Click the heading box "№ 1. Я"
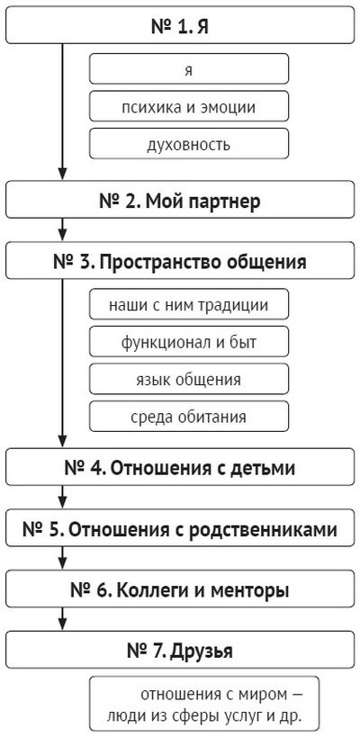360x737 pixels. point(180,25)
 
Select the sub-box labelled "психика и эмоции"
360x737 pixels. point(189,106)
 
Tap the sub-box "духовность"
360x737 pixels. point(189,144)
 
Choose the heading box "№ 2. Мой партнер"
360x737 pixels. point(180,199)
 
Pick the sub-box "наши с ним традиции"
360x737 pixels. point(189,304)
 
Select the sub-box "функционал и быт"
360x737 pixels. point(189,341)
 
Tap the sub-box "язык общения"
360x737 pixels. point(189,379)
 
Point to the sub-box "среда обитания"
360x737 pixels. point(189,417)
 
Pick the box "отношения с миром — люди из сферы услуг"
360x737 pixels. point(204,703)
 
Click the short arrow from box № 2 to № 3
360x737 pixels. point(62,229)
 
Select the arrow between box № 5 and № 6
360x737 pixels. point(62,559)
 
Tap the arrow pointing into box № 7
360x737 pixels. point(62,619)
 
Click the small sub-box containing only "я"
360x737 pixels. point(189,68)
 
